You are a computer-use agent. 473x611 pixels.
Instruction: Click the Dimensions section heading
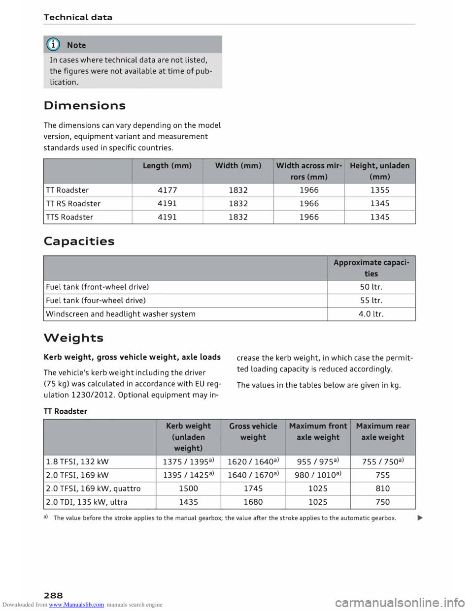pos(84,106)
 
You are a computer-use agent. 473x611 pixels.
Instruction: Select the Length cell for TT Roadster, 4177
pos(167,190)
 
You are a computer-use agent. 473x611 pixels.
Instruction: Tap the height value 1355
pos(379,190)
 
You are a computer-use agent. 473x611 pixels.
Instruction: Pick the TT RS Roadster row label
pos(73,204)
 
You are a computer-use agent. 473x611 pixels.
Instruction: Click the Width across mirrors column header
pos(309,171)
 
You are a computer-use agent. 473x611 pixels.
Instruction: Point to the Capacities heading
pos(79,242)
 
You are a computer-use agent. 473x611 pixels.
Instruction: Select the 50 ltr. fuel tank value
pos(371,287)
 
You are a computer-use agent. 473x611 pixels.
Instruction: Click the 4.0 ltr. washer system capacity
pos(371,314)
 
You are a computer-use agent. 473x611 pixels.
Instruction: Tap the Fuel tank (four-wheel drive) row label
pos(96,301)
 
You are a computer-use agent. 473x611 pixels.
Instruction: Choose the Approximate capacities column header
pos(371,268)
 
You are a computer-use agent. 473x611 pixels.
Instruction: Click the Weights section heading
pos(73,338)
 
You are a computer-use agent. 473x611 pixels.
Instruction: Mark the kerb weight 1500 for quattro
pos(188,489)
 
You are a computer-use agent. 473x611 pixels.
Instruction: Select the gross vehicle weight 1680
pos(253,502)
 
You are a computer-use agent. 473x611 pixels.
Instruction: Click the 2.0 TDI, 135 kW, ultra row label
pos(86,502)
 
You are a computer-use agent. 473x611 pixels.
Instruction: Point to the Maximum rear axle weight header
pos(382,431)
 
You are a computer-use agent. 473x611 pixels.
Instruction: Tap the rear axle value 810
pos(382,489)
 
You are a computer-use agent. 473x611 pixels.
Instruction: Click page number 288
pos(53,596)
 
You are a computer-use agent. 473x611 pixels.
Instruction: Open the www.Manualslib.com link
pos(76,605)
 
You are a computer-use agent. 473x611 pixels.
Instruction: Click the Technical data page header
pos(78,17)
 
